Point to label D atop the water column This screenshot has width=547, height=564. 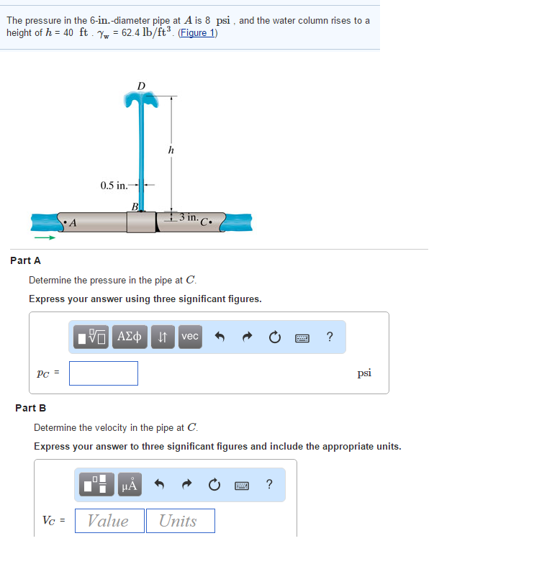coord(141,86)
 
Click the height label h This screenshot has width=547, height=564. coord(171,150)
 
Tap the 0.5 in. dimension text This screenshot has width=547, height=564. coord(114,186)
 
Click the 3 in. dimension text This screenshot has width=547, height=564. coord(189,217)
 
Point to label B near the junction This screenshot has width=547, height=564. coord(135,207)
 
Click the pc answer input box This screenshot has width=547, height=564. coord(104,373)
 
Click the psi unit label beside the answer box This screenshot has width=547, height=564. coord(364,373)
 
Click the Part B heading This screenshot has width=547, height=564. coord(30,408)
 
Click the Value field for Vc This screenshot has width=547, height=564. coord(109,521)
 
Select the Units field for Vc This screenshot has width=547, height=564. coord(180,521)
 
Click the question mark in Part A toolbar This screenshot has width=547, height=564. coord(330,336)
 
